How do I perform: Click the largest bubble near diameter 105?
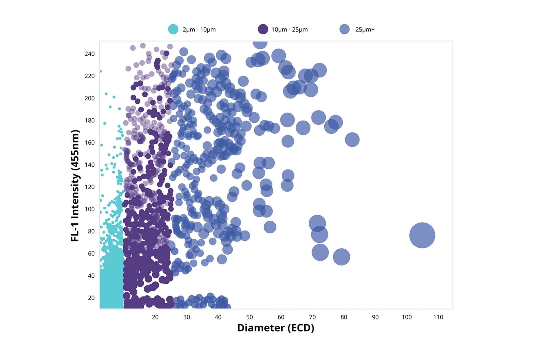click(422, 235)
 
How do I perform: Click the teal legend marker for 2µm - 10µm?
click(173, 29)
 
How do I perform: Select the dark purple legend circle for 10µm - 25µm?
click(263, 29)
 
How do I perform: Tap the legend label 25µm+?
click(365, 30)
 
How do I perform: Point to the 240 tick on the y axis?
click(90, 54)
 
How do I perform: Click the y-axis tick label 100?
click(90, 209)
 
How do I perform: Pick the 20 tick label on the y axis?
click(91, 298)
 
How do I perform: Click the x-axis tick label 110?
click(438, 317)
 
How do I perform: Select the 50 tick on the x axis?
click(249, 317)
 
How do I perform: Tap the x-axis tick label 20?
click(155, 317)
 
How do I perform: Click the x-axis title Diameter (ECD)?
click(276, 328)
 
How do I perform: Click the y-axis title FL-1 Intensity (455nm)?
click(75, 186)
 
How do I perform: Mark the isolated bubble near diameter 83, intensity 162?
click(352, 140)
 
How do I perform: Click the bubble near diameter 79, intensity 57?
click(341, 257)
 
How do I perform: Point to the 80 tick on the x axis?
click(344, 317)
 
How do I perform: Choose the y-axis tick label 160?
click(90, 143)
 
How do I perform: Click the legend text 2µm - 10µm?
click(199, 30)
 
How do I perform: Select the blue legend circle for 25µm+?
click(345, 29)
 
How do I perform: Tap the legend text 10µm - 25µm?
click(289, 30)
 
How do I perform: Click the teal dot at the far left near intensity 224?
click(101, 71)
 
